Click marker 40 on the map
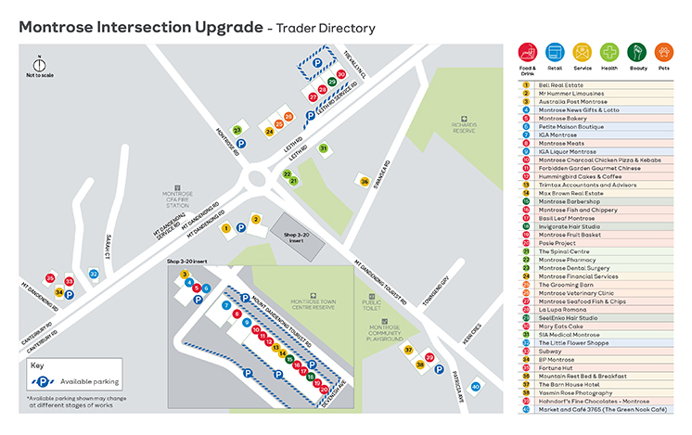[x=476, y=386]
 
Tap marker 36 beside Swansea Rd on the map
[x=365, y=181]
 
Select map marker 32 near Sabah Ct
[x=94, y=274]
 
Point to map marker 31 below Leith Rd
[x=324, y=148]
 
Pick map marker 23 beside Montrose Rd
[x=237, y=131]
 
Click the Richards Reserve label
[x=463, y=127]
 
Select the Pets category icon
[x=663, y=52]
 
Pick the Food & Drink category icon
[x=528, y=52]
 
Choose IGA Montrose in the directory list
[x=559, y=134]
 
